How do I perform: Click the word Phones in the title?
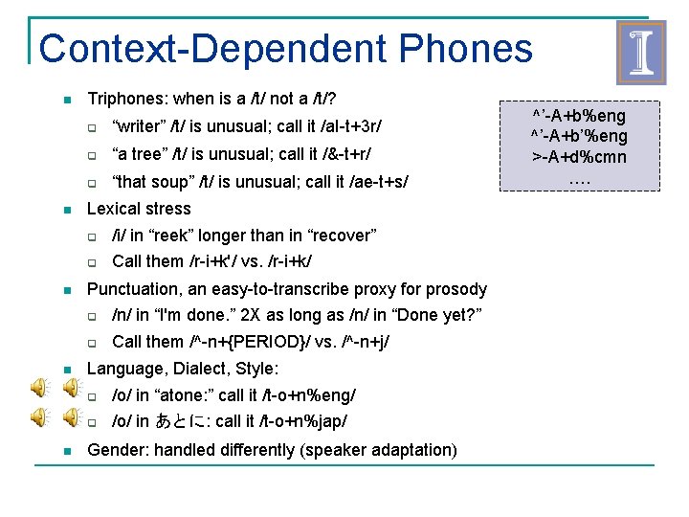click(466, 49)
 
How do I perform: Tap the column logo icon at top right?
click(639, 53)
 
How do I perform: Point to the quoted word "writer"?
click(141, 125)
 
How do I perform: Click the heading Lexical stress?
click(139, 209)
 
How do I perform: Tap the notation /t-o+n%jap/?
click(296, 422)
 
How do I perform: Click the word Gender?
click(115, 450)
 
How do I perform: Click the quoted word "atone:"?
click(188, 395)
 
